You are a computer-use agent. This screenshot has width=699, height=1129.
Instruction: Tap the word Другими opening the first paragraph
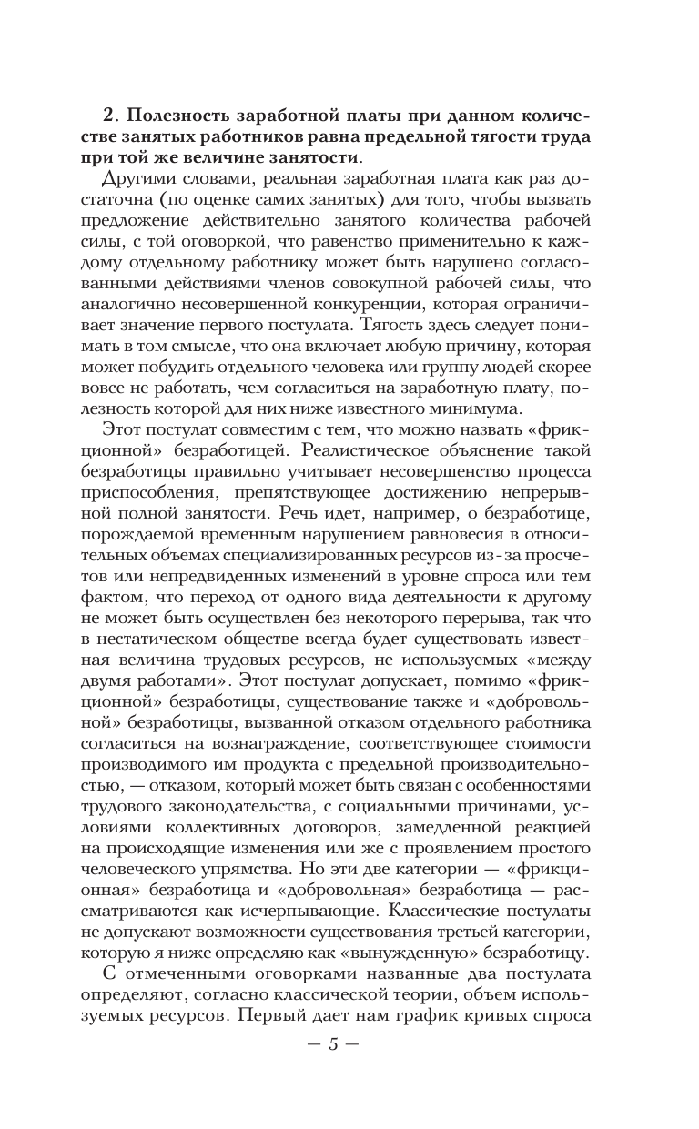(142, 177)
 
